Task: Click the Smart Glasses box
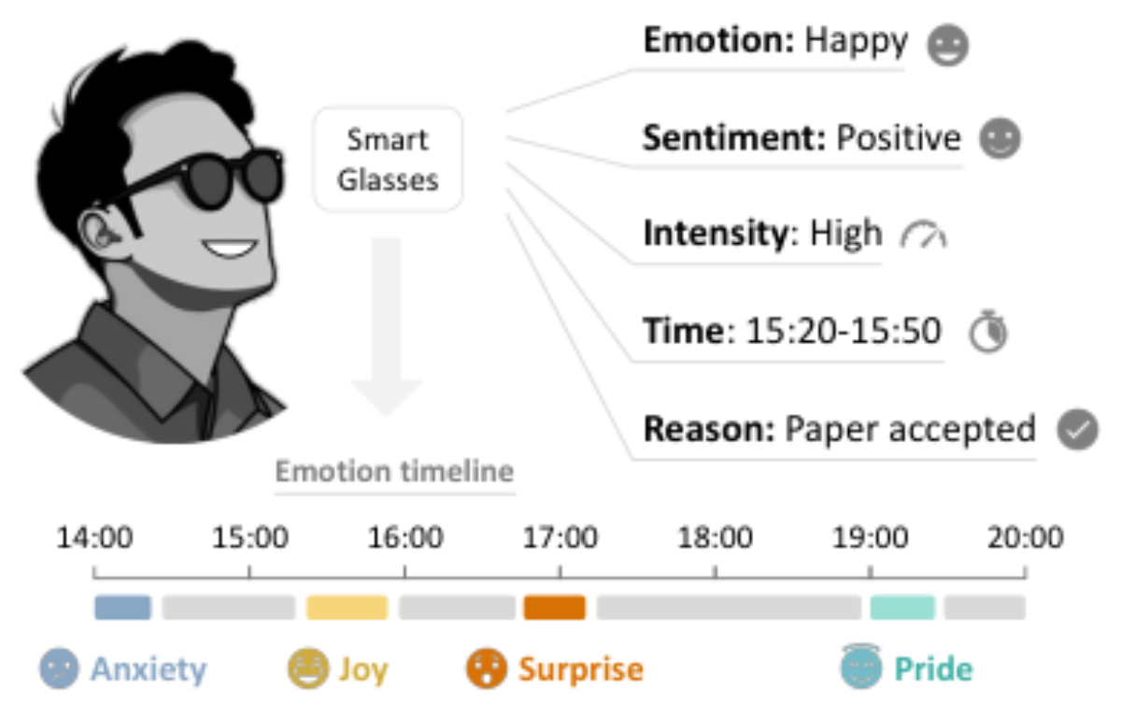coord(388,159)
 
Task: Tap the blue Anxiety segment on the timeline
coord(122,608)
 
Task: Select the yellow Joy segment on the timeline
coord(348,608)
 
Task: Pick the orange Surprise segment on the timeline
coord(555,608)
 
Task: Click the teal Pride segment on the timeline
coord(902,608)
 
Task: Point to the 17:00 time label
coord(560,537)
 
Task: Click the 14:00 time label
coord(94,537)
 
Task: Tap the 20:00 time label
coord(1025,537)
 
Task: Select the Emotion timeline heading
coord(395,471)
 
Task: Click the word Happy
coord(857,41)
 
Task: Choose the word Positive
coord(899,137)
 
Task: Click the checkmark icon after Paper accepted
coord(1077,430)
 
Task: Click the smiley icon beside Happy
coord(948,45)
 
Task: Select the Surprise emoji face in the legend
coord(487,668)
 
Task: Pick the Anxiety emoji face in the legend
coord(59,668)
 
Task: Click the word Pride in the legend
coord(933,669)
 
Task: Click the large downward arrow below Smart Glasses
coord(386,325)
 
